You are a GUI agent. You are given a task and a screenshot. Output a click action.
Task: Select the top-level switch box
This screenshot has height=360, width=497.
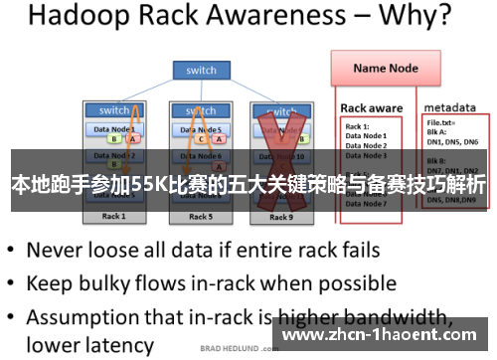(201, 71)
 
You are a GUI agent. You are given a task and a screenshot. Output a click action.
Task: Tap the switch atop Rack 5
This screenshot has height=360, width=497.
(201, 110)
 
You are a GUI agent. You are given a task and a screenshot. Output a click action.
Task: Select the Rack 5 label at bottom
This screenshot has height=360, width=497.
(200, 217)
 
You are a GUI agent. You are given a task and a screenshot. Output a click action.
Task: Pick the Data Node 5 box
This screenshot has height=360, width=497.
(202, 128)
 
